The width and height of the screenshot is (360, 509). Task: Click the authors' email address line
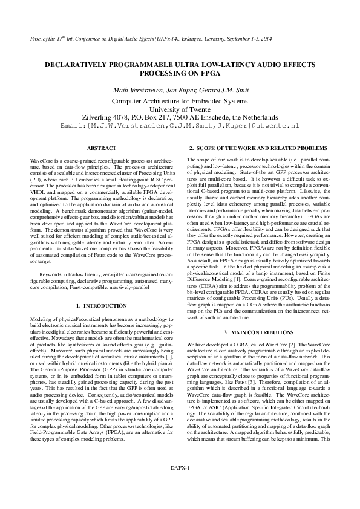(x=180, y=126)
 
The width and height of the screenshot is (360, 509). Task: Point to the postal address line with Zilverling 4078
(x=180, y=117)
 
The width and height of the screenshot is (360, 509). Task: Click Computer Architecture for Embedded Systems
(x=180, y=100)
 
